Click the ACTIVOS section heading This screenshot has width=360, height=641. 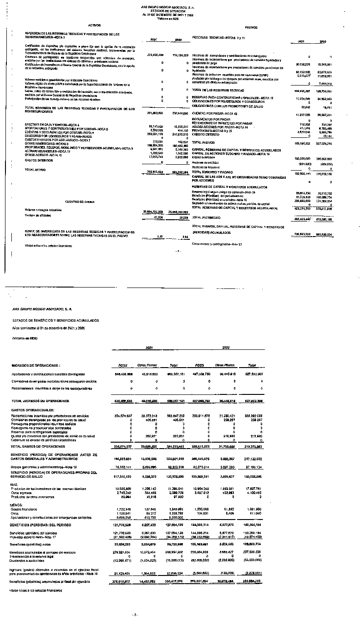(x=94, y=25)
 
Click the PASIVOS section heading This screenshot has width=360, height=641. (x=251, y=28)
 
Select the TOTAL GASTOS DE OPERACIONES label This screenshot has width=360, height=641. (x=38, y=447)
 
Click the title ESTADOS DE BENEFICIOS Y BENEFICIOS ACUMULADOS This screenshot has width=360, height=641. (x=56, y=320)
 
